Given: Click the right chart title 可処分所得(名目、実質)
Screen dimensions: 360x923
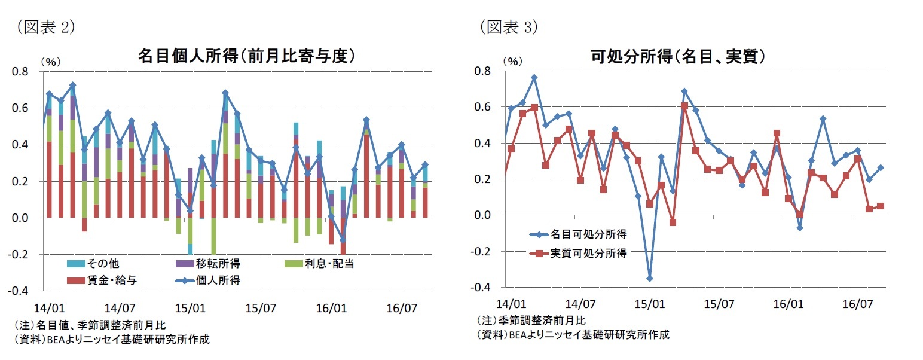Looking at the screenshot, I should tap(678, 57).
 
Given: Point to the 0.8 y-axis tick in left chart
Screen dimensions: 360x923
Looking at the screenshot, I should tap(20, 72).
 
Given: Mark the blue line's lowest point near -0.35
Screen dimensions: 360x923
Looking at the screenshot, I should tap(650, 279).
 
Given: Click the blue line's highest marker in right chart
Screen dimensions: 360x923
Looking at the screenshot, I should tap(534, 78).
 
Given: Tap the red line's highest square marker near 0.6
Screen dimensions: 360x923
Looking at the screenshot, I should tap(684, 106).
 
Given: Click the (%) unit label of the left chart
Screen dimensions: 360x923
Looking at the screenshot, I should tap(50, 61).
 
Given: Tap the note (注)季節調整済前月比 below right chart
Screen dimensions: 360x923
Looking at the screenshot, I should tap(531, 320).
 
